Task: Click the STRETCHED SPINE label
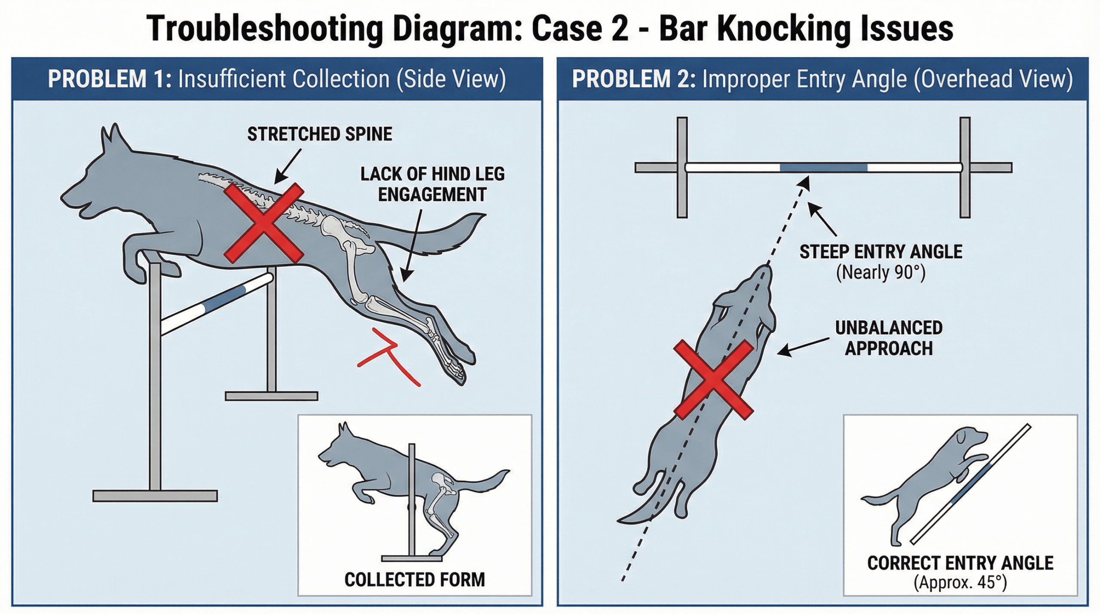coord(319,134)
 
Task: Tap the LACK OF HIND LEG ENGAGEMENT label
coord(432,184)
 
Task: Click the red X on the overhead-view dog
coord(713,379)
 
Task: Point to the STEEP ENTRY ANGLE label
coord(880,252)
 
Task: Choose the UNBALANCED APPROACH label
coord(889,338)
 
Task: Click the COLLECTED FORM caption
coord(415,580)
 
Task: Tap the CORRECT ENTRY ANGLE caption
coord(960,563)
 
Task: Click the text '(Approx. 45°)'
coord(960,583)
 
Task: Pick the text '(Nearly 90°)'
coord(880,272)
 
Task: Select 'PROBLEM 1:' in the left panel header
coord(109,79)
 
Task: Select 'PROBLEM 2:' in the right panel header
coord(633,79)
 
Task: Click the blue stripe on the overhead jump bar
coord(823,168)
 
